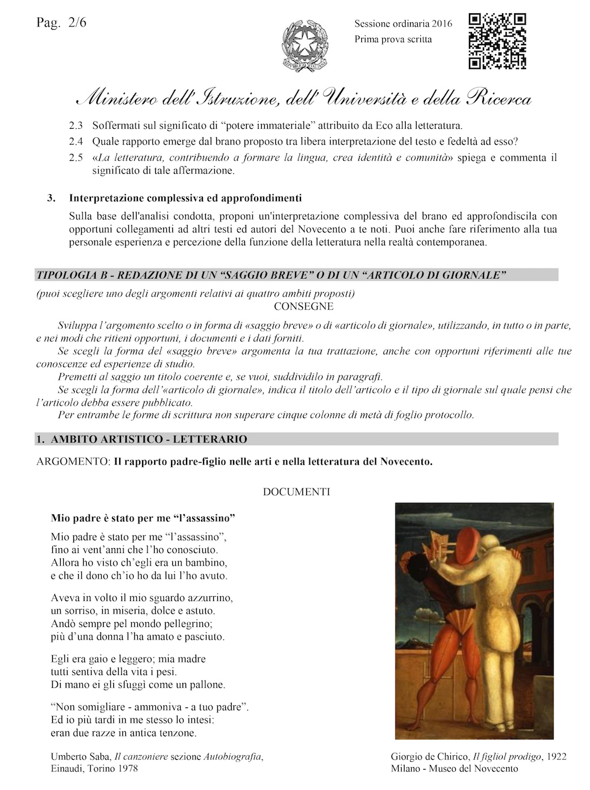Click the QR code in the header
[x=497, y=41]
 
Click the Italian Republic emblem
[x=305, y=45]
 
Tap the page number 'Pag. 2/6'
[x=61, y=23]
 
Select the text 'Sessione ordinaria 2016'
[x=403, y=24]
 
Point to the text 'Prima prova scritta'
[x=393, y=39]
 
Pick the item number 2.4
[x=76, y=142]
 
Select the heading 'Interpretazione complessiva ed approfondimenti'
[x=185, y=198]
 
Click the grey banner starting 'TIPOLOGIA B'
[x=296, y=276]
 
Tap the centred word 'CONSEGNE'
[x=303, y=306]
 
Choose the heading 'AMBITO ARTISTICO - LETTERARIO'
[x=149, y=439]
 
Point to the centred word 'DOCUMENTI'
[x=296, y=492]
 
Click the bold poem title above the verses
[x=143, y=517]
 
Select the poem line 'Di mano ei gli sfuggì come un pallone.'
[x=138, y=685]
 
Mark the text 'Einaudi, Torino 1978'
[x=95, y=769]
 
